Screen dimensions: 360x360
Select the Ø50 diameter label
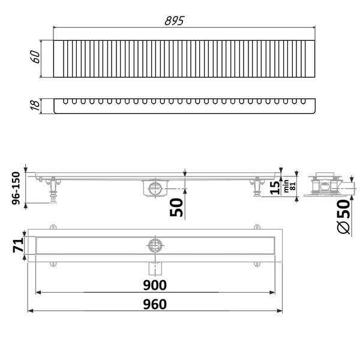pos(343,218)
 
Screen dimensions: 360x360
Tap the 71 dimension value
pos(17,244)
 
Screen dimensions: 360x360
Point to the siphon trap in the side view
pos(154,187)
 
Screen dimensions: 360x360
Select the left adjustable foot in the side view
pos(54,189)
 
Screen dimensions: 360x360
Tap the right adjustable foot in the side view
pos(257,187)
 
